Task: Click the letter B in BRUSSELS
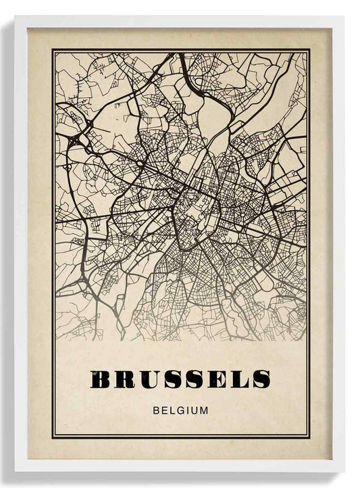[101, 380]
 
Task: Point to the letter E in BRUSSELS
[215, 380]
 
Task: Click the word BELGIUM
[180, 410]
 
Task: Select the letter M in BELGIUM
[203, 410]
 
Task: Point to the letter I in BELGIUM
[188, 410]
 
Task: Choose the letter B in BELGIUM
[157, 410]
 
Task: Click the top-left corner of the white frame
[16, 17]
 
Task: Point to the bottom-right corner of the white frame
[344, 471]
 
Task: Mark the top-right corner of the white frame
[344, 17]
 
